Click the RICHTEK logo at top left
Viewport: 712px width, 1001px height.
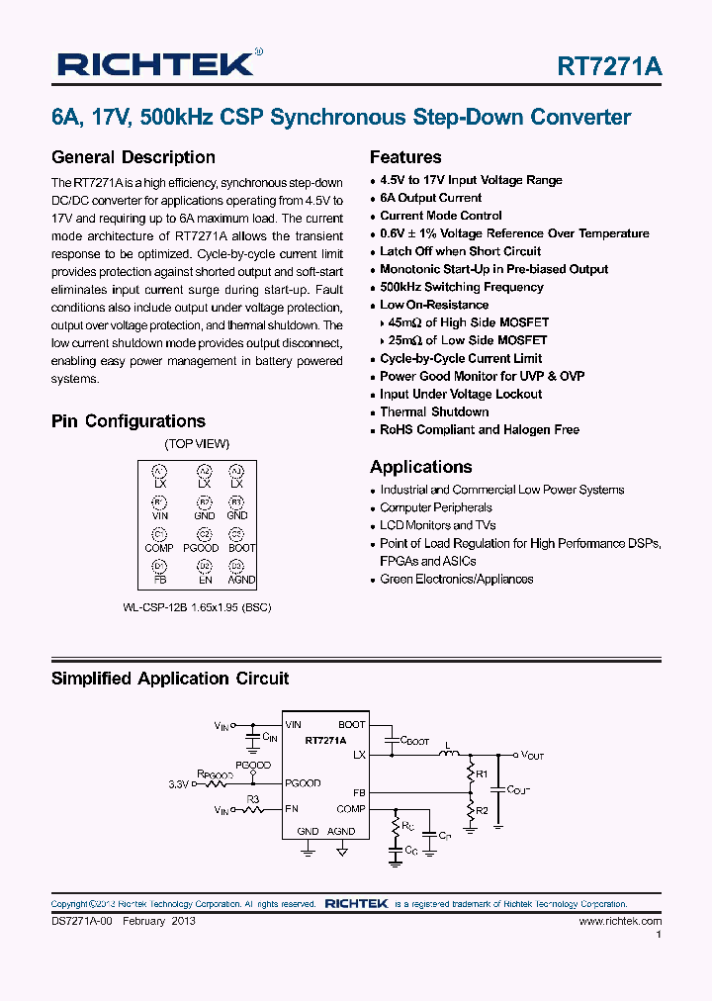point(158,64)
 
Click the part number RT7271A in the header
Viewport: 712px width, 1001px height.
point(609,66)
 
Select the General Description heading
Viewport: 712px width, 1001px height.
point(133,157)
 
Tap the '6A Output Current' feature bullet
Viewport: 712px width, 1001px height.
point(430,198)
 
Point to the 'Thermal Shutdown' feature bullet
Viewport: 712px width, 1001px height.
point(434,411)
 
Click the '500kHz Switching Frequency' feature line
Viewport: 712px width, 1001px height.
point(461,287)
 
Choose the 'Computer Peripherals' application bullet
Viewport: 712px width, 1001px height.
point(435,507)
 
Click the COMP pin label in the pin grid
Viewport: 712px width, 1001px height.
point(159,548)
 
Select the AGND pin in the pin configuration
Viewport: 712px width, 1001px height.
point(240,580)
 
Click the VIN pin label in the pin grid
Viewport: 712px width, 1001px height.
point(160,515)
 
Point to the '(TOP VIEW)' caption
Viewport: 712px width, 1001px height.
point(197,444)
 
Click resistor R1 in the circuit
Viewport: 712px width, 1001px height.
point(482,774)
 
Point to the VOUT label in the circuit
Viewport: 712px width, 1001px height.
point(532,755)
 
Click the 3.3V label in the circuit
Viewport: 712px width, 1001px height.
point(178,783)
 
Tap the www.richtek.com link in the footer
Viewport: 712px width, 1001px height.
point(619,921)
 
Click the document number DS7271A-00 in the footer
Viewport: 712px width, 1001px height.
point(82,921)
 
